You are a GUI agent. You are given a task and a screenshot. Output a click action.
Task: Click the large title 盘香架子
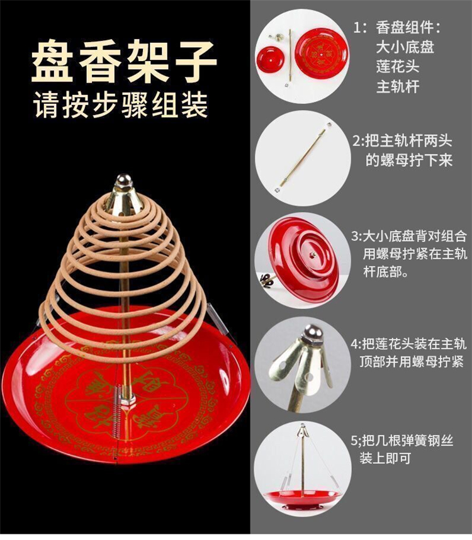(x=124, y=61)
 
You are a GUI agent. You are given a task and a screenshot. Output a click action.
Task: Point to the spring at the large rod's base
(x=118, y=411)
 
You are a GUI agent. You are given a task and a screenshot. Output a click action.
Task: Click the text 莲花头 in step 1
(x=398, y=66)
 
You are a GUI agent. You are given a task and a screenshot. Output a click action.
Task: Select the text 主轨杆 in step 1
(x=398, y=86)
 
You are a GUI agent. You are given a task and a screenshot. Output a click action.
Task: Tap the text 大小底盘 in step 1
(x=405, y=47)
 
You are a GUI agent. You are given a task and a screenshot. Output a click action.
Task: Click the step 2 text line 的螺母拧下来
(x=408, y=160)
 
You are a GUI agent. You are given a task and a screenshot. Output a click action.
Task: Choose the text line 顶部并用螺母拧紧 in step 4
(x=412, y=362)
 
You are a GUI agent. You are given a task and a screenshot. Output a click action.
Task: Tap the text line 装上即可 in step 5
(x=386, y=458)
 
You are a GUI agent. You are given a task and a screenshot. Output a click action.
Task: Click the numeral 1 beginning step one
(x=357, y=28)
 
